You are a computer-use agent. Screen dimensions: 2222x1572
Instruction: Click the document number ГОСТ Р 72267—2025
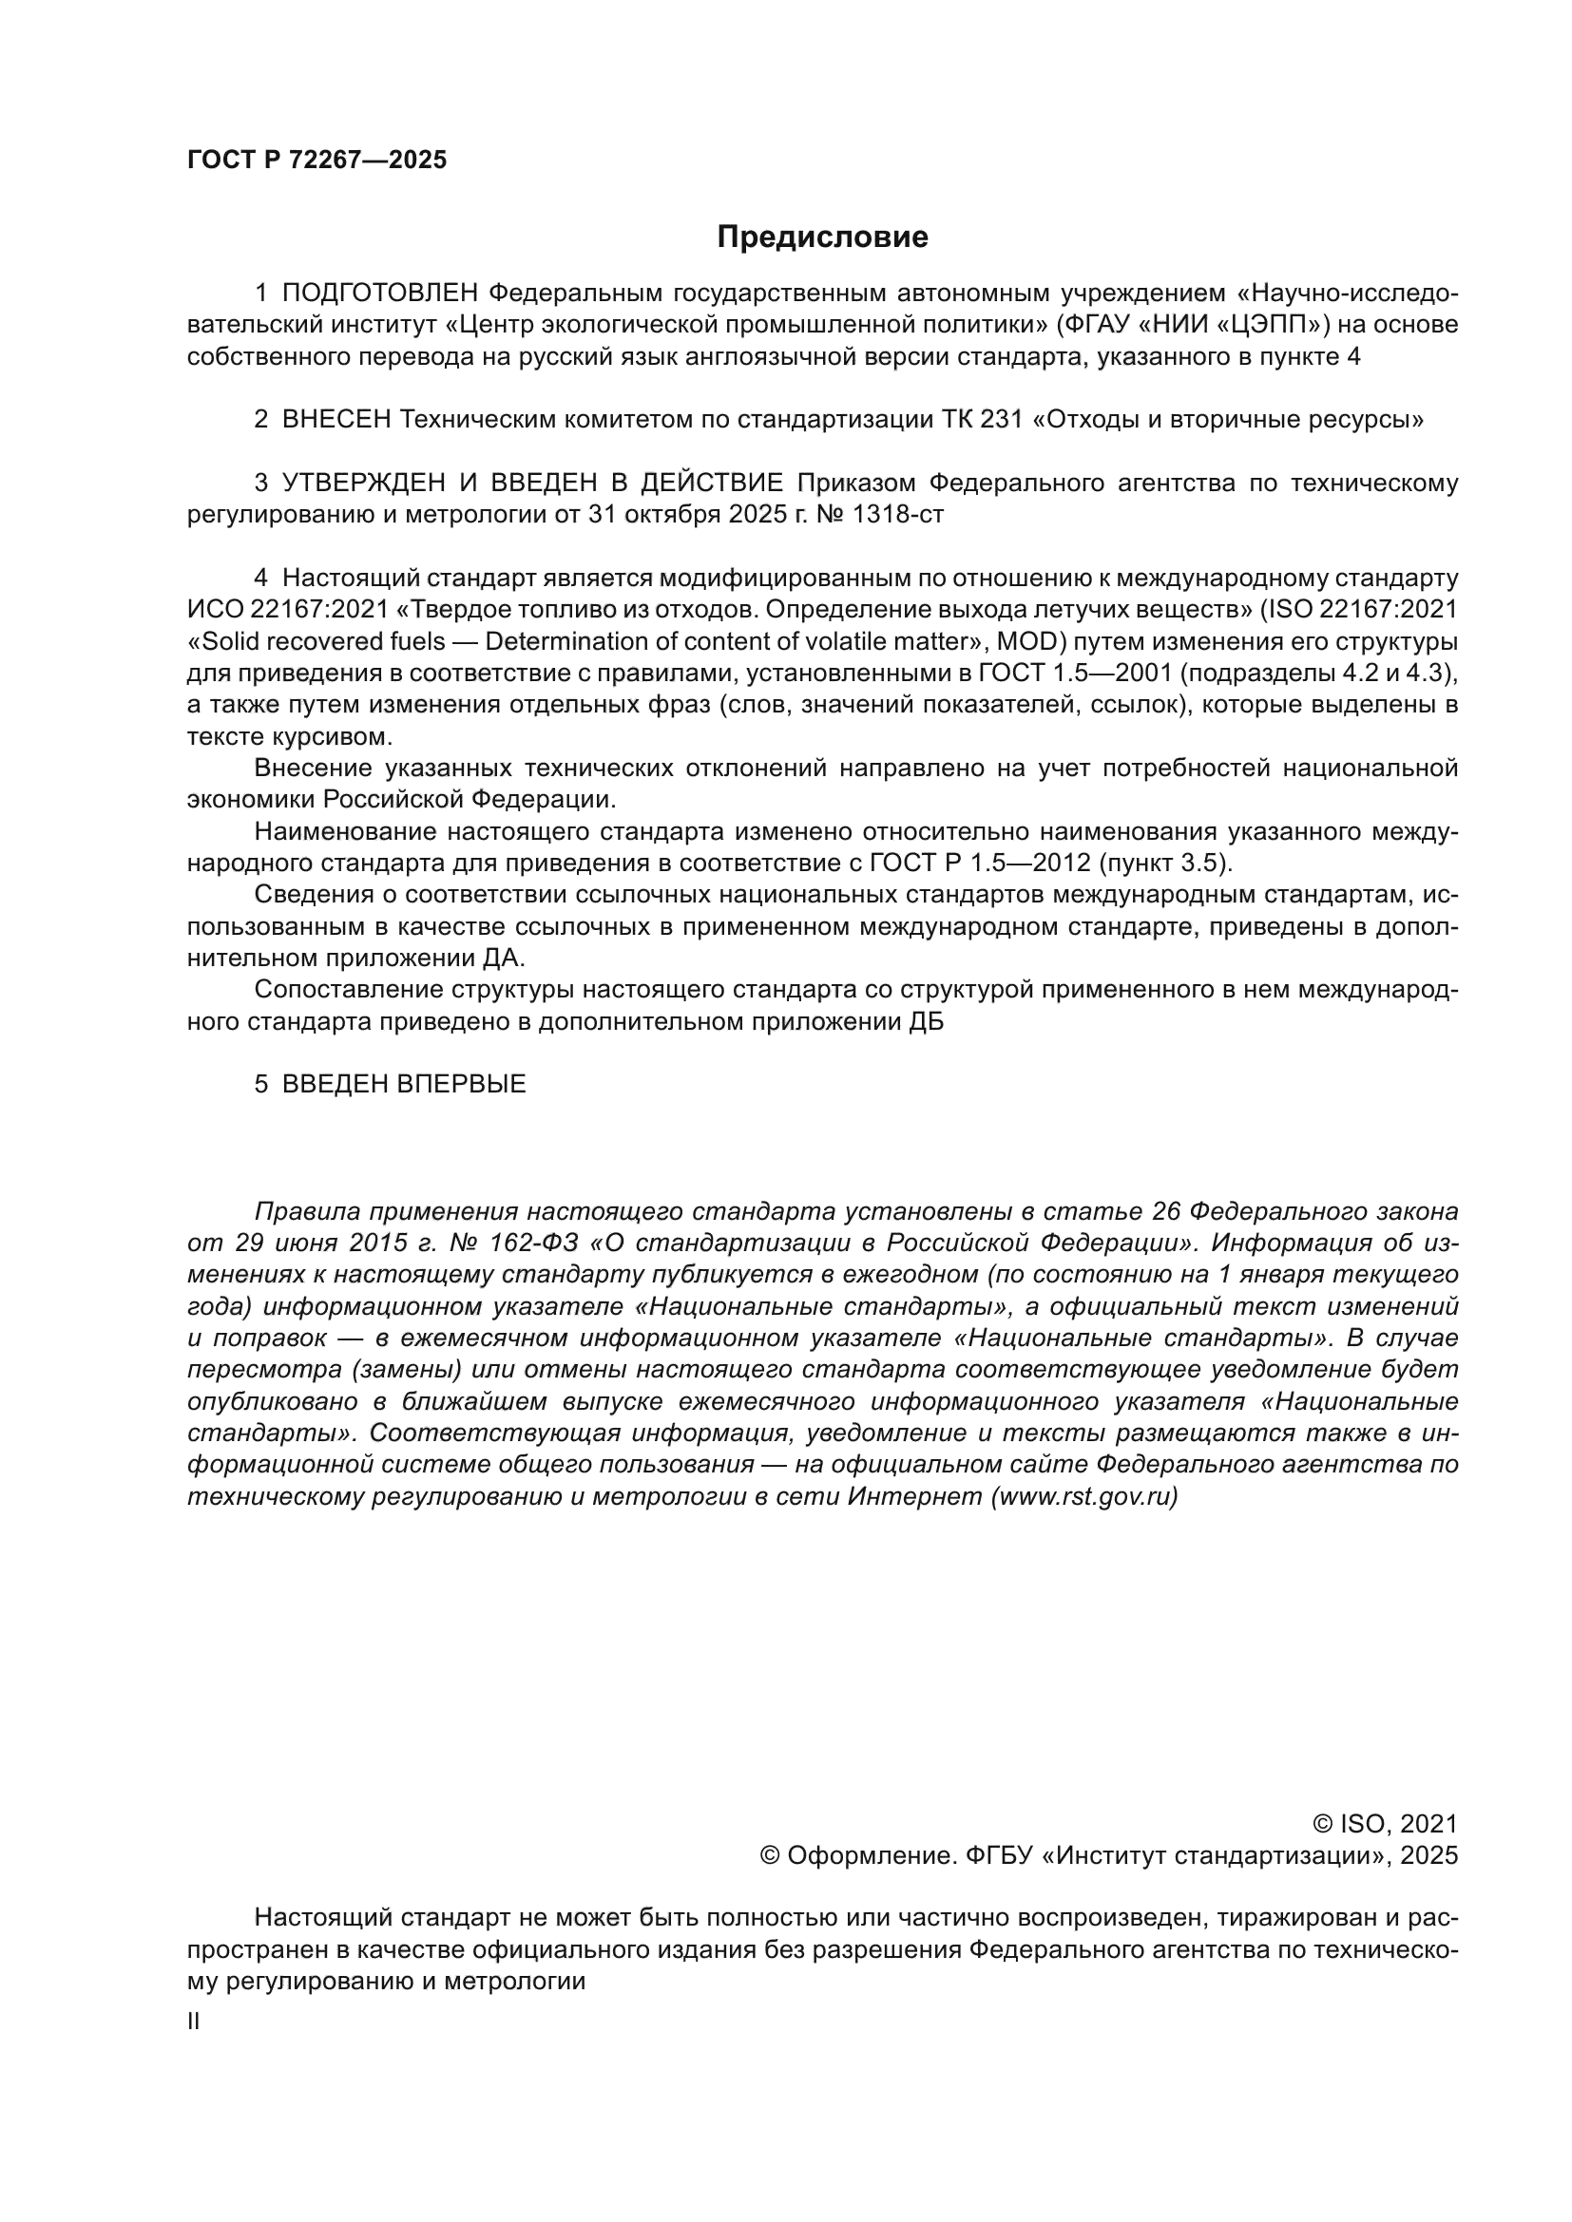click(316, 160)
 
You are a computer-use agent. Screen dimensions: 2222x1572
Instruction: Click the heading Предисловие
click(822, 237)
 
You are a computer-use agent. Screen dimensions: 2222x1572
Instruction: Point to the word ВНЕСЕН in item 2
click(336, 420)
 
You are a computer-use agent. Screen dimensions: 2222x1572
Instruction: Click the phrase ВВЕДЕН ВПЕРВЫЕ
click(404, 1084)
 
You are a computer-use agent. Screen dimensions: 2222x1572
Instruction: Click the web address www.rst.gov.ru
click(1084, 1496)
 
